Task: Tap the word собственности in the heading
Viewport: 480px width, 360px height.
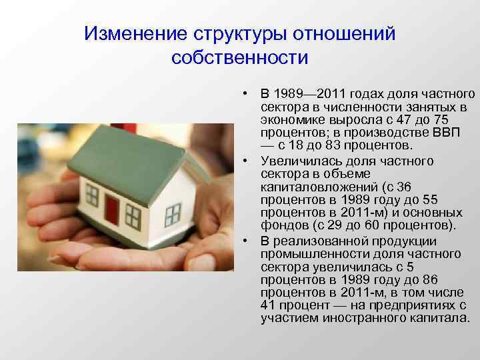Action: (239, 58)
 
